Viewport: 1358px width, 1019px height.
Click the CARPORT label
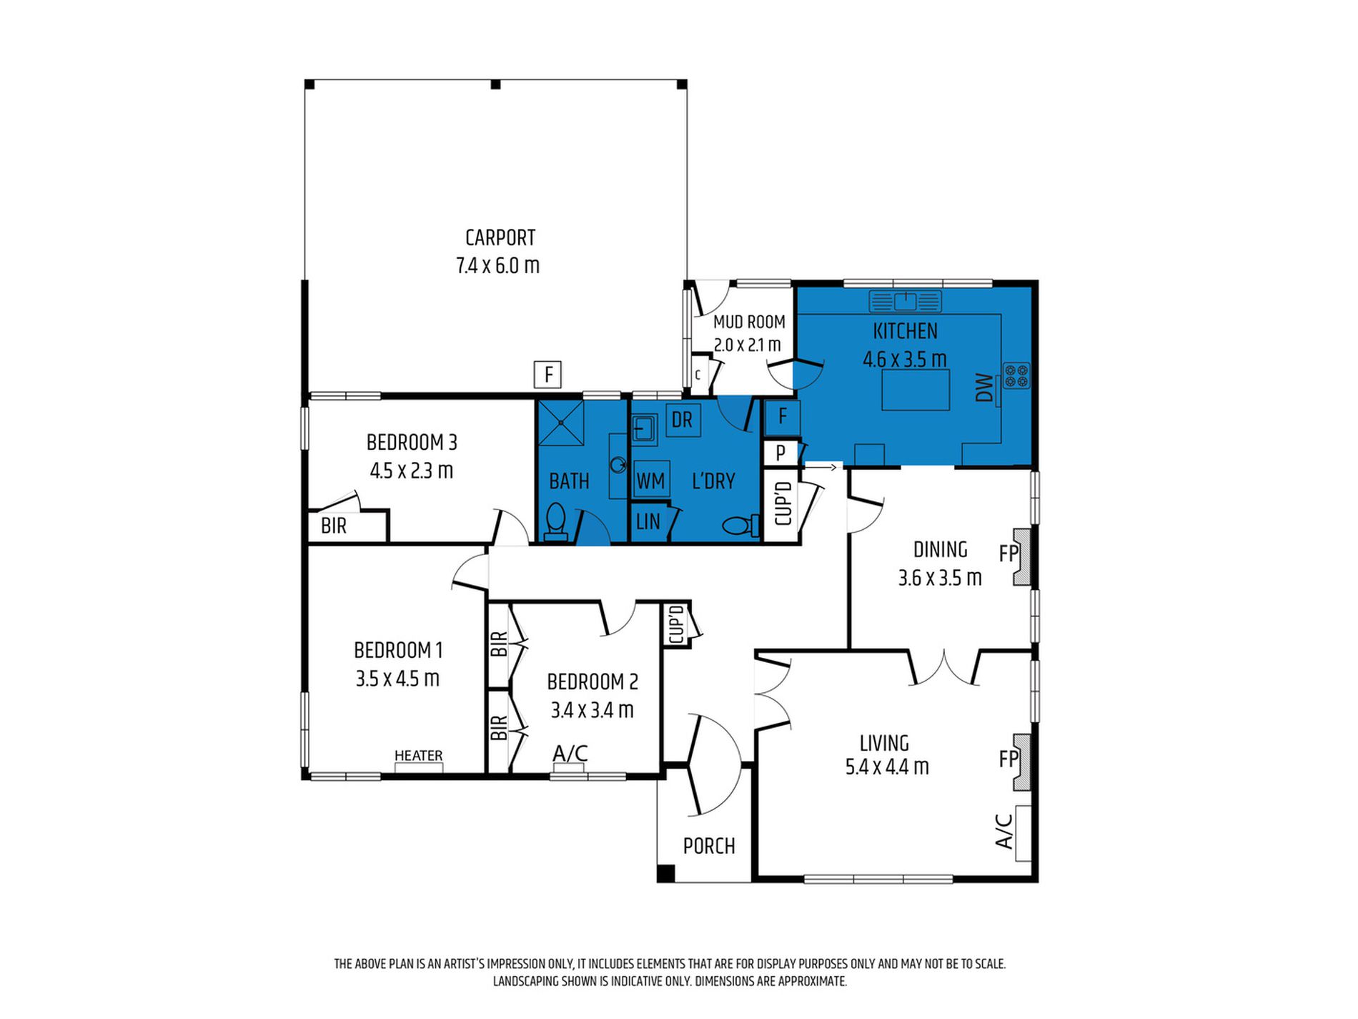coord(500,237)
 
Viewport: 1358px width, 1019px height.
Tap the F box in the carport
coord(548,375)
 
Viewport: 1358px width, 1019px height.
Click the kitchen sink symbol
coord(905,301)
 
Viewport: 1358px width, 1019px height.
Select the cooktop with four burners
coord(1016,376)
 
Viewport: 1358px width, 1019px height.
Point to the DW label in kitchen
coord(985,388)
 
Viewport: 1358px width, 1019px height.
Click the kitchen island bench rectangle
coord(915,390)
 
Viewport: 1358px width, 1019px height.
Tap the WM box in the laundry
coord(650,481)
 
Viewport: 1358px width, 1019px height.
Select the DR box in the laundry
coord(682,420)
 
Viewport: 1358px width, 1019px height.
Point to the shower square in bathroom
coord(561,423)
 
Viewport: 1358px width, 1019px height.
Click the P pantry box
coord(780,453)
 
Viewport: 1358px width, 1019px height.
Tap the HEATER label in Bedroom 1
coord(418,756)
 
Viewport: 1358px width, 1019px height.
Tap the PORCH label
coord(708,847)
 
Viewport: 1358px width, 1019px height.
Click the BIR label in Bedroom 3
coord(334,526)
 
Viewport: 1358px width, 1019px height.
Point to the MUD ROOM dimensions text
coord(747,345)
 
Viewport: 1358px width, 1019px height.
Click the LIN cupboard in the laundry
coord(648,522)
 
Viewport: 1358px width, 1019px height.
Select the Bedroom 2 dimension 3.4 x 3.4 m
coord(592,711)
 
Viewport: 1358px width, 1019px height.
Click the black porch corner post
coord(665,873)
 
